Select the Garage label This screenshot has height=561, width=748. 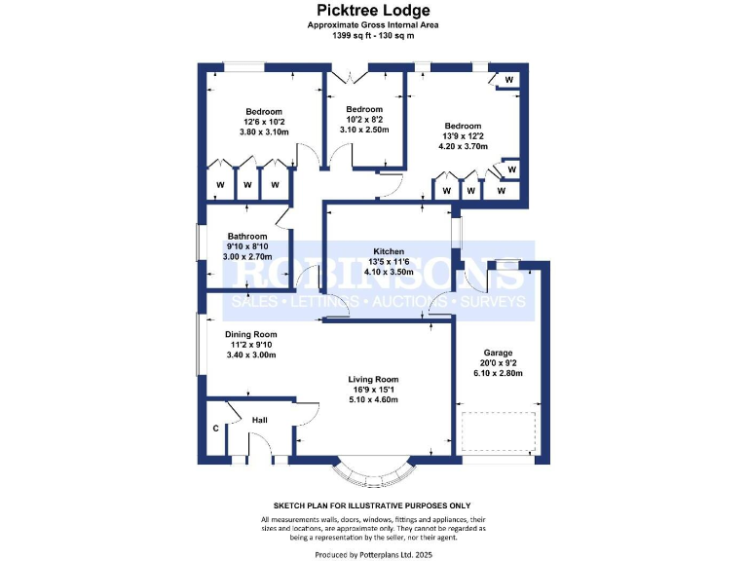point(498,353)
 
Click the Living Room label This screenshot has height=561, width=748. point(374,379)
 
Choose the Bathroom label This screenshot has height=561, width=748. point(247,236)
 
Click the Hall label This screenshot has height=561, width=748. point(260,421)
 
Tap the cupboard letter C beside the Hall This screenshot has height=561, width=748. point(215,429)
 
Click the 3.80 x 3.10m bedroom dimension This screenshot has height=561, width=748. point(264,132)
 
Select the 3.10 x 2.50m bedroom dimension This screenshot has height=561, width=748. point(364,130)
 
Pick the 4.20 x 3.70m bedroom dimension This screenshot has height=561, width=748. point(463,147)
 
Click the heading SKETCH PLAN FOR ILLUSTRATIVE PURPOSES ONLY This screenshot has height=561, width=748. point(374,505)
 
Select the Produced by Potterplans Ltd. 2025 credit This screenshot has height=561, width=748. point(374,554)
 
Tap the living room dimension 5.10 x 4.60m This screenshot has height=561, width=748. point(374,400)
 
